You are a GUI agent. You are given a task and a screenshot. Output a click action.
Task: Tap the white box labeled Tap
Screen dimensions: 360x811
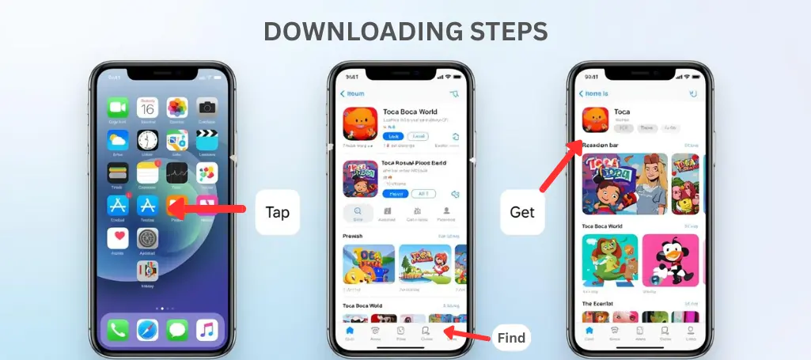click(x=277, y=211)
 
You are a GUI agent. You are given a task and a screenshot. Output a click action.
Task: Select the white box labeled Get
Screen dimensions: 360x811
click(x=522, y=211)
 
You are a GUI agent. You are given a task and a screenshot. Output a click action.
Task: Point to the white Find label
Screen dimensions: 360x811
click(x=511, y=339)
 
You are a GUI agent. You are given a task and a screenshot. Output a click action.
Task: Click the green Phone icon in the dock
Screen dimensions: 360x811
click(x=118, y=330)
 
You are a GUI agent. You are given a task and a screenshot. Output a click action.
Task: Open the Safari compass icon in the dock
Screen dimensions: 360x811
click(x=147, y=330)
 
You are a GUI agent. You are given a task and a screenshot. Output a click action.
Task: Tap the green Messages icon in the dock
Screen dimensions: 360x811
click(x=177, y=330)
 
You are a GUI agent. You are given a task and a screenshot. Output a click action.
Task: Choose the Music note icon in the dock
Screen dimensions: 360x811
click(x=207, y=330)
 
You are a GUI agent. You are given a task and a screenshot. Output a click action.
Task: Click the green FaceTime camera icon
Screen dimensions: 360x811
click(x=118, y=108)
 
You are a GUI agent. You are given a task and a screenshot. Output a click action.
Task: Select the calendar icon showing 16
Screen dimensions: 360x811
click(x=147, y=108)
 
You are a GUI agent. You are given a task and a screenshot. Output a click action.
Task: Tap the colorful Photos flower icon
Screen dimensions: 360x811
click(x=177, y=108)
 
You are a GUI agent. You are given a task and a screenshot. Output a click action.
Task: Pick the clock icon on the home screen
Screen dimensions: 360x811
click(x=147, y=140)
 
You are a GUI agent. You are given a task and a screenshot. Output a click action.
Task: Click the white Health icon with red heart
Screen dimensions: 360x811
click(x=118, y=237)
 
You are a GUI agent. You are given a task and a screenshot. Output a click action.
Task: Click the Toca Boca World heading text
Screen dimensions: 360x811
click(x=409, y=112)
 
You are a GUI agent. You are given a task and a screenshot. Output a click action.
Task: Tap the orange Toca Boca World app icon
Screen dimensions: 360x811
click(x=359, y=124)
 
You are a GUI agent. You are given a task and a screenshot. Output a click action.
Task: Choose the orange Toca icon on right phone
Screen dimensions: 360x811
click(x=595, y=119)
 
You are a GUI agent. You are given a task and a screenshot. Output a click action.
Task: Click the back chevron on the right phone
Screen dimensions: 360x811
click(x=582, y=93)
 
